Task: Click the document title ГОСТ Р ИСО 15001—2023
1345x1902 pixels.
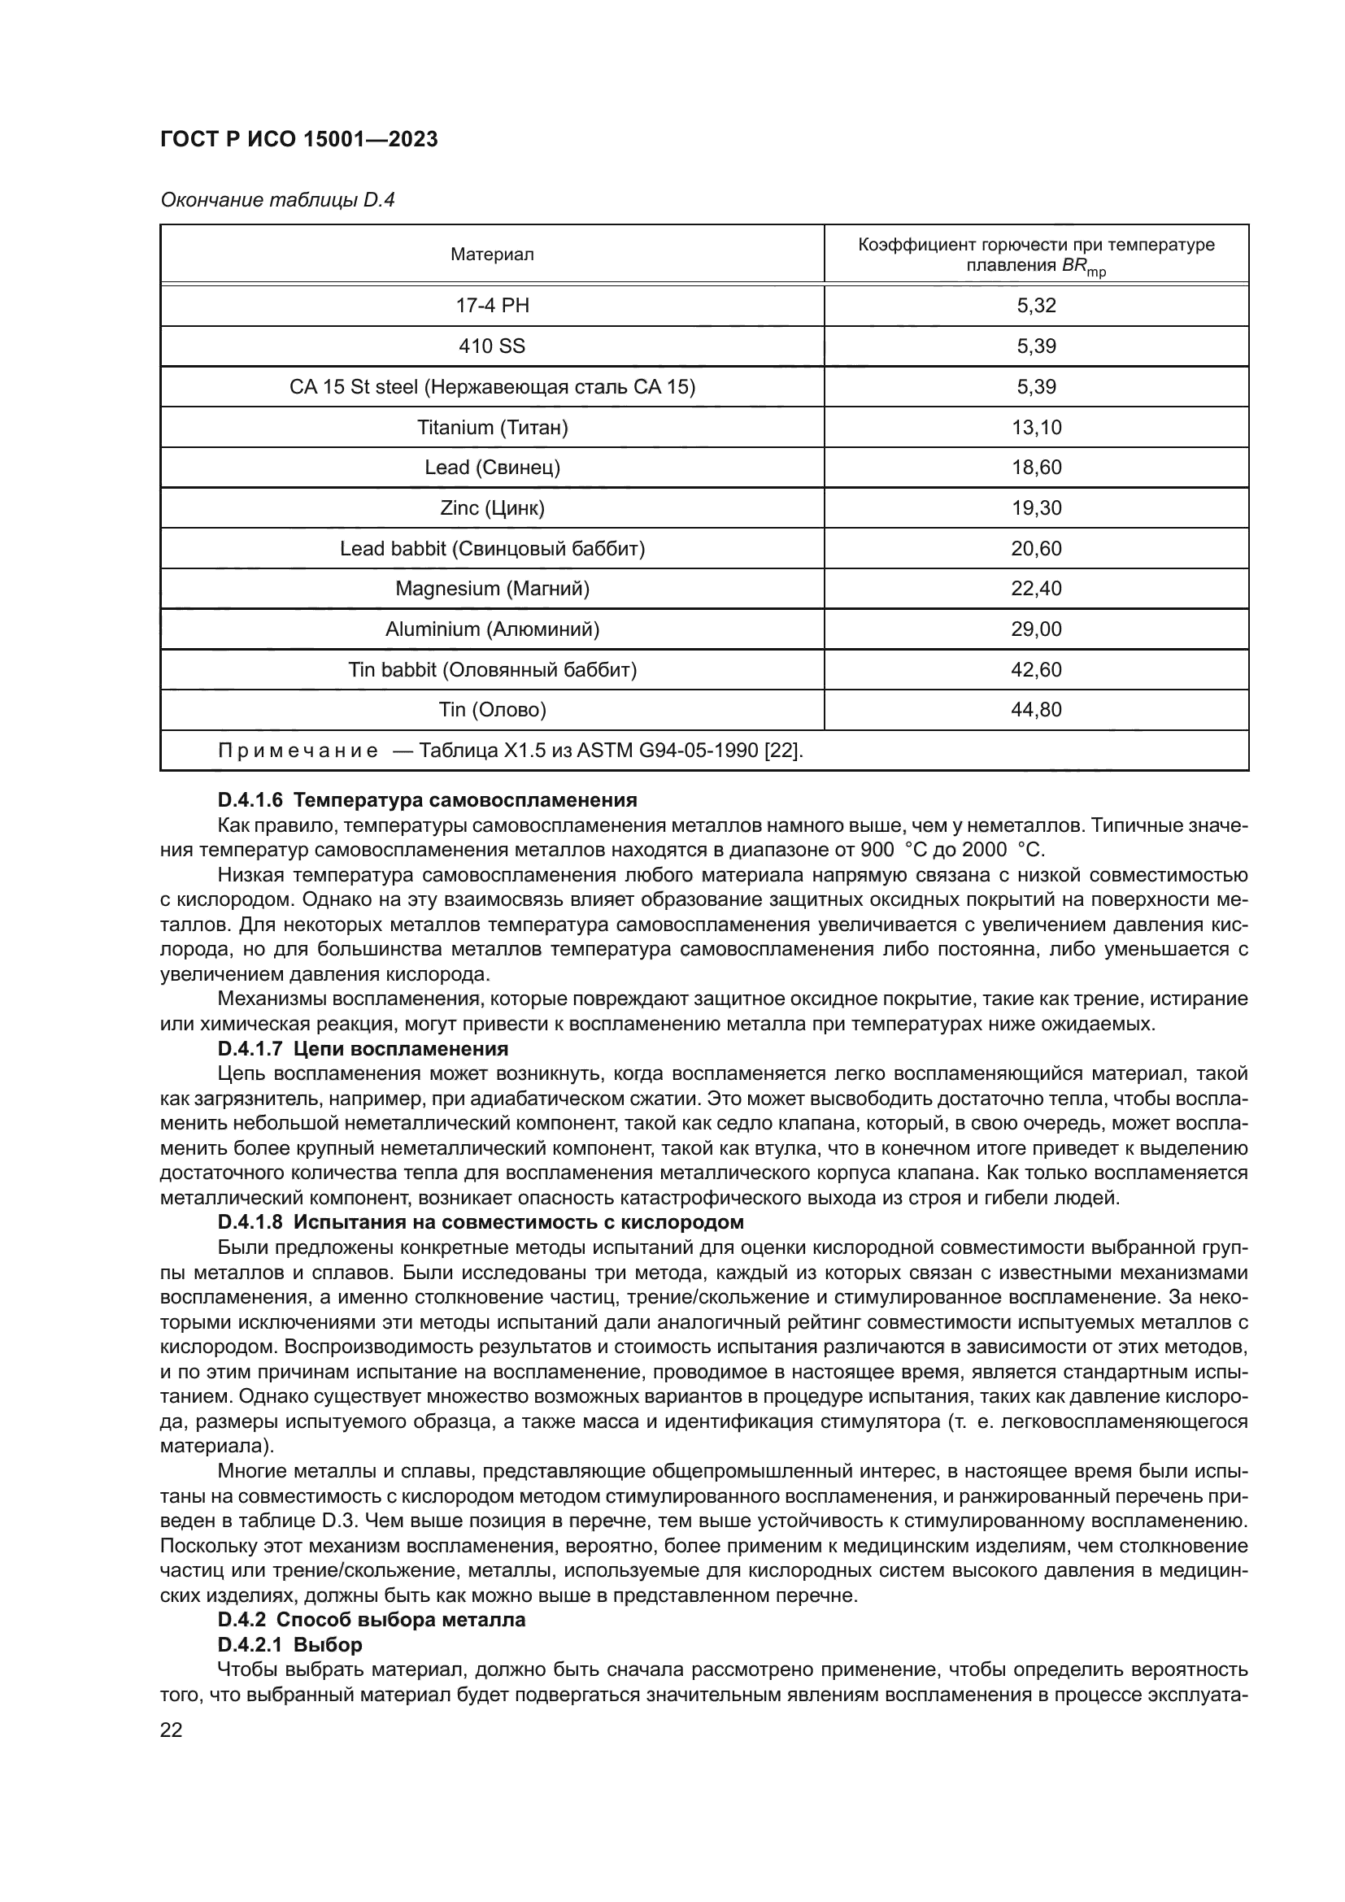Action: (x=299, y=140)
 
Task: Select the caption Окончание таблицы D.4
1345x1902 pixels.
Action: (x=277, y=201)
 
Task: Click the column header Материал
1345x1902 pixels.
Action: (x=492, y=255)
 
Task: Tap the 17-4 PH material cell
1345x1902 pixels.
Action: (x=492, y=306)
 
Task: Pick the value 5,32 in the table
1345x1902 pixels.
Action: (x=1036, y=306)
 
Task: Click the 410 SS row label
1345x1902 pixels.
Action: (x=492, y=346)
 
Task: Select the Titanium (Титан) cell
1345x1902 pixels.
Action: (x=492, y=428)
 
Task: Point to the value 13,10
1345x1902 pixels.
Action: (x=1036, y=428)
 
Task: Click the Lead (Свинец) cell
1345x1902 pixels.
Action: (x=492, y=468)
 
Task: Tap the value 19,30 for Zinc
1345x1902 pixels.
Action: (x=1036, y=507)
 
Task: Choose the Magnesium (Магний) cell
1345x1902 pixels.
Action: (x=492, y=589)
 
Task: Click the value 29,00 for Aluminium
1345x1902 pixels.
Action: (x=1036, y=629)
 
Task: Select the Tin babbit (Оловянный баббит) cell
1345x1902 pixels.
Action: (x=492, y=669)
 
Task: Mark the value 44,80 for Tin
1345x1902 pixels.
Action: (x=1036, y=710)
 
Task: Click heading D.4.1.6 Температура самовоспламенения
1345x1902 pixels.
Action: (x=428, y=800)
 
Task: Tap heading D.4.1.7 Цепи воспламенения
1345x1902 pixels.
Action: (x=363, y=1050)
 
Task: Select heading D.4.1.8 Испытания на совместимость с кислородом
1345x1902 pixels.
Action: (x=481, y=1223)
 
